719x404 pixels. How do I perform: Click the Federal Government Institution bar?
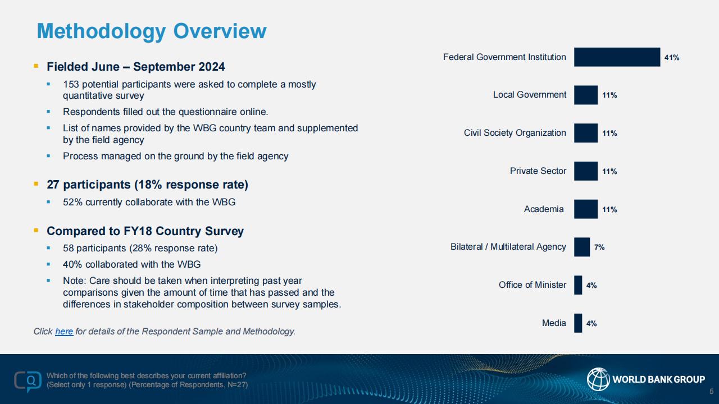pyautogui.click(x=617, y=57)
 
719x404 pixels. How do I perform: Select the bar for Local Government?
pyautogui.click(x=586, y=95)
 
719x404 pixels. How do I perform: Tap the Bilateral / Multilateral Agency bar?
pyautogui.click(x=582, y=247)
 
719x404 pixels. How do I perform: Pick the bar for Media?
pyautogui.click(x=578, y=323)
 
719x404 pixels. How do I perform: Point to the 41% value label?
pyautogui.click(x=672, y=58)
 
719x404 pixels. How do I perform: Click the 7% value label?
pyautogui.click(x=599, y=247)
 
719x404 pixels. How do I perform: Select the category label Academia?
pyautogui.click(x=544, y=209)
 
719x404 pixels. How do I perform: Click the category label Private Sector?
pyautogui.click(x=538, y=171)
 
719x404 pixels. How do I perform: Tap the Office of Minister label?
pyautogui.click(x=532, y=284)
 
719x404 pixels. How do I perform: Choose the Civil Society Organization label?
pyautogui.click(x=515, y=133)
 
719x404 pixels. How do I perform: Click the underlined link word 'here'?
pyautogui.click(x=64, y=331)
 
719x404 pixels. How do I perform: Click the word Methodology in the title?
pyautogui.click(x=102, y=31)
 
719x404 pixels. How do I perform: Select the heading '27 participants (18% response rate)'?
pyautogui.click(x=147, y=185)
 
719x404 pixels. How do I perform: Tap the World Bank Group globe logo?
pyautogui.click(x=598, y=379)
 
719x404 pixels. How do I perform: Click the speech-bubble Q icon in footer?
pyautogui.click(x=28, y=381)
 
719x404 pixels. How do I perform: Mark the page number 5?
pyautogui.click(x=712, y=392)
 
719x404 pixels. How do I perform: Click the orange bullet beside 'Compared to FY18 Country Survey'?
pyautogui.click(x=36, y=230)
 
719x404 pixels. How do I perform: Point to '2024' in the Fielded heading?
pyautogui.click(x=212, y=67)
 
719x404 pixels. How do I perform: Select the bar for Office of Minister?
pyautogui.click(x=578, y=285)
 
